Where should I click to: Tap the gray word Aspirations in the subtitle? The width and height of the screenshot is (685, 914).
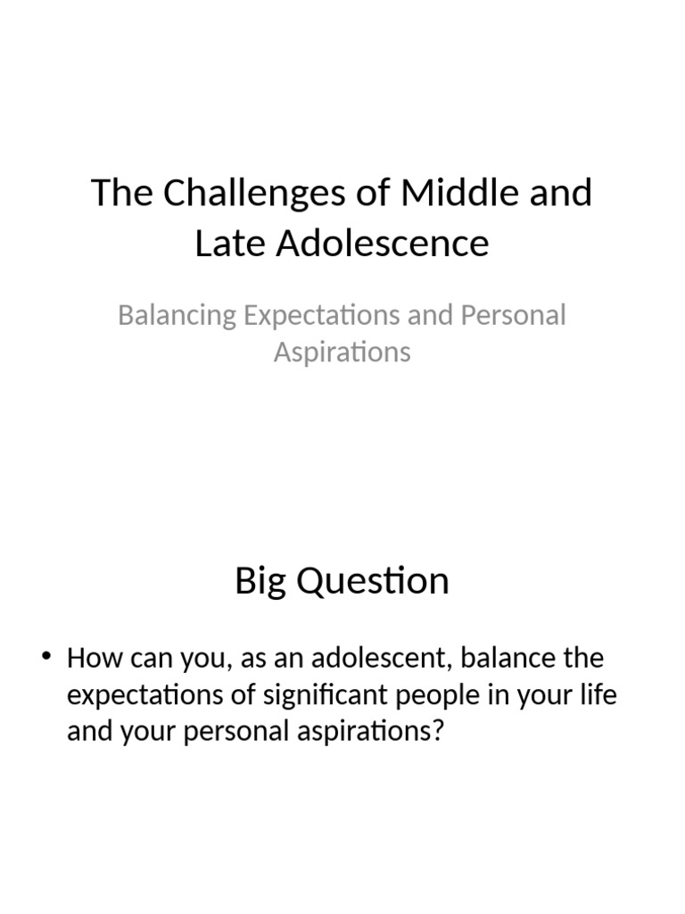(x=342, y=352)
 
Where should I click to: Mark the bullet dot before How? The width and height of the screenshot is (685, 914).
(x=47, y=659)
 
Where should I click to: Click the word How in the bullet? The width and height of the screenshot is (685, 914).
(x=90, y=660)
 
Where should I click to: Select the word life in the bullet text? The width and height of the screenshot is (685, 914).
(x=598, y=695)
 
